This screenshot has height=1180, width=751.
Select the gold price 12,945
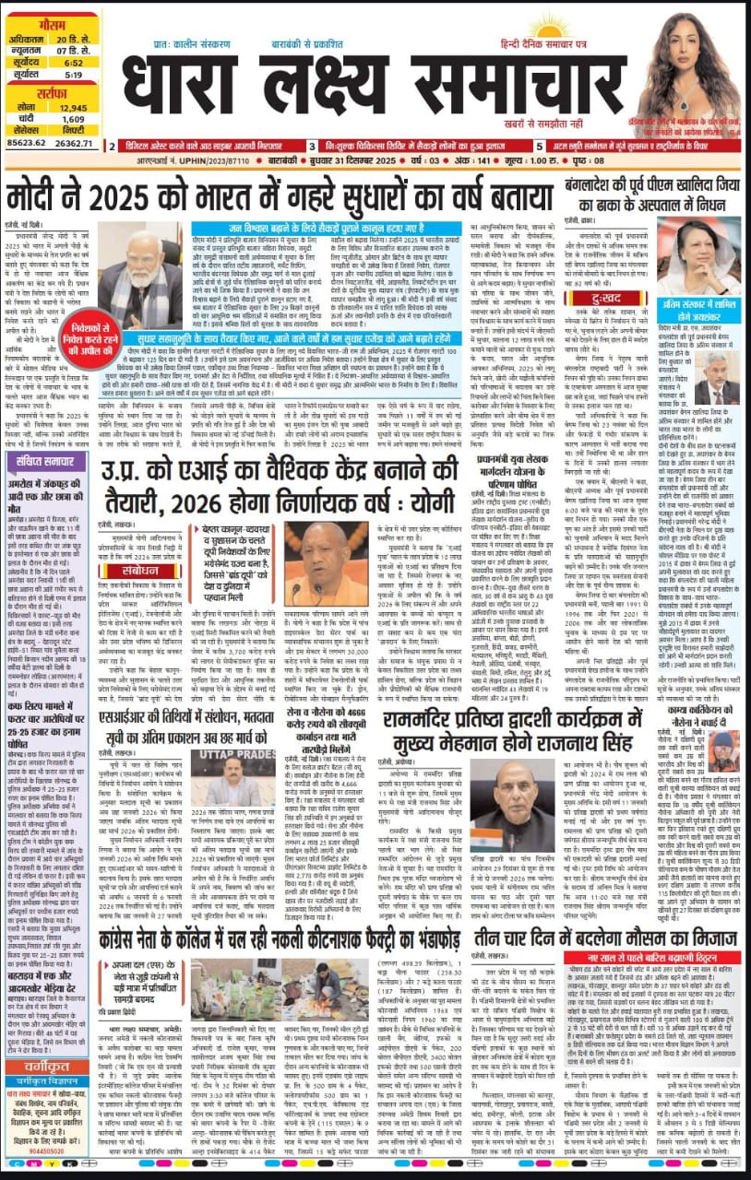click(74, 108)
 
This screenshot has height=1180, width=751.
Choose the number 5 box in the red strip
click(538, 146)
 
